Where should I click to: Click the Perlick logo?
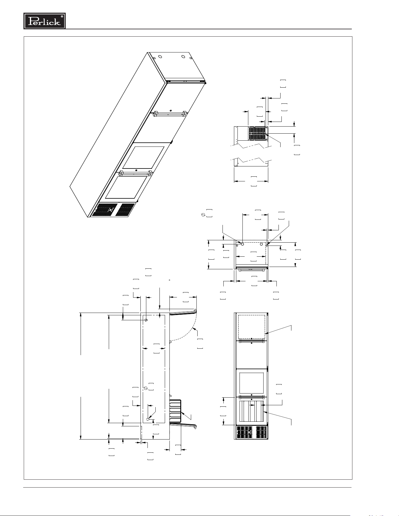pyautogui.click(x=45, y=21)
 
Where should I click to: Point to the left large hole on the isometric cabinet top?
pyautogui.click(x=160, y=57)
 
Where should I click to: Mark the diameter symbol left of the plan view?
pyautogui.click(x=203, y=215)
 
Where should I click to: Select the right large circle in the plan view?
pyautogui.click(x=261, y=244)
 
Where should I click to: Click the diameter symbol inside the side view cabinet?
pyautogui.click(x=145, y=388)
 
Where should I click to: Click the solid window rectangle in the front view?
pyautogui.click(x=252, y=383)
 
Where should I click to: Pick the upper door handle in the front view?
pyautogui.click(x=252, y=341)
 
